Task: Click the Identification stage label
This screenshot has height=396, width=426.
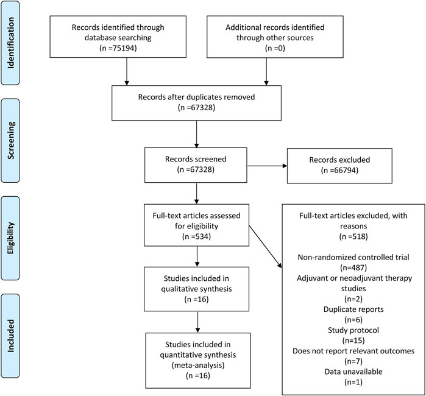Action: click(x=10, y=43)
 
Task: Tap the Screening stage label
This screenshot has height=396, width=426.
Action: click(x=10, y=140)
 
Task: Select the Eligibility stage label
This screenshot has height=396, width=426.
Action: click(x=10, y=238)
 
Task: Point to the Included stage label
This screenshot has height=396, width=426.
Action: click(x=10, y=336)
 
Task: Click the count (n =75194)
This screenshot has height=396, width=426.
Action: click(x=118, y=48)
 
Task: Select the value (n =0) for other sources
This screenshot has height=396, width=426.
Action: click(x=275, y=48)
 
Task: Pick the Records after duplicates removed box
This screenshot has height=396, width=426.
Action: click(x=196, y=103)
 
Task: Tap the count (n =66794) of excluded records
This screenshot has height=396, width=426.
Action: click(x=339, y=171)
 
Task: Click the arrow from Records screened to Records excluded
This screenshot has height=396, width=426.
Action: click(x=267, y=166)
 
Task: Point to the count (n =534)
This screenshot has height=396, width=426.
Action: click(x=196, y=236)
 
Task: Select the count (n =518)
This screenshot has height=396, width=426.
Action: click(x=353, y=236)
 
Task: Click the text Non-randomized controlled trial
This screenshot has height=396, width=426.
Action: click(x=353, y=257)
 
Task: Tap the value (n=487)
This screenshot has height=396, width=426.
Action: click(x=353, y=268)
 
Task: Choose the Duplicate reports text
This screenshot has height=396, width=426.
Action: click(x=353, y=309)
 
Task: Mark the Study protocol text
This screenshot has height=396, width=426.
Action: click(x=353, y=330)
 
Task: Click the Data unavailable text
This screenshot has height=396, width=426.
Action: click(x=353, y=372)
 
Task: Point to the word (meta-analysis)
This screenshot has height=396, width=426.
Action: click(x=198, y=366)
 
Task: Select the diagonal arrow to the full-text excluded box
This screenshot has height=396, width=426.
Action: click(x=266, y=247)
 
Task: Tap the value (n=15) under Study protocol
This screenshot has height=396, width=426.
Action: click(x=353, y=341)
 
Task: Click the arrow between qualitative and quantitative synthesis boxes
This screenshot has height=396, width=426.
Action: click(x=197, y=322)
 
